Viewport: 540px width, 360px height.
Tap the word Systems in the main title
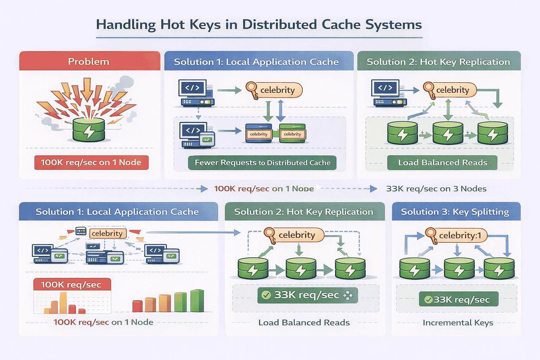[393, 25]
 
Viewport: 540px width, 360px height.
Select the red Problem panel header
[89, 61]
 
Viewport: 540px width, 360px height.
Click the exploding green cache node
[89, 129]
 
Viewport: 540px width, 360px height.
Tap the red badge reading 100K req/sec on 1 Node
[91, 162]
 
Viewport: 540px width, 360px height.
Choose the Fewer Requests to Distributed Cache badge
[262, 163]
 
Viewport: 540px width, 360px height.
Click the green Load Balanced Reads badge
[442, 162]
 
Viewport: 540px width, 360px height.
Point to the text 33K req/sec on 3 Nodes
[436, 189]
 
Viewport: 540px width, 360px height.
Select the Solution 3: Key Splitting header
[456, 212]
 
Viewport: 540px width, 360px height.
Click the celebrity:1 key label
[460, 235]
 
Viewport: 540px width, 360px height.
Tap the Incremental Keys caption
[458, 322]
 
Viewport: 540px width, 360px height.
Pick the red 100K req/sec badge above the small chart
[72, 284]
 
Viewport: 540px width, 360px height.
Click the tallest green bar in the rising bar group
[197, 301]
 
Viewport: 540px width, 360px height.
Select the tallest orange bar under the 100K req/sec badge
[63, 303]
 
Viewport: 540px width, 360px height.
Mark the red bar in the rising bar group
[137, 306]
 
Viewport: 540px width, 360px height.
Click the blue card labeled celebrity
[259, 134]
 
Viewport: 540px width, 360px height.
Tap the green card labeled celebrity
[292, 134]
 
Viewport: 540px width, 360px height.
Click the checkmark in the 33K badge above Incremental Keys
[429, 300]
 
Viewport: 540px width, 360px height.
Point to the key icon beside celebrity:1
[431, 235]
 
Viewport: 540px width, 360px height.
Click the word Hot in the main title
[173, 25]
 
